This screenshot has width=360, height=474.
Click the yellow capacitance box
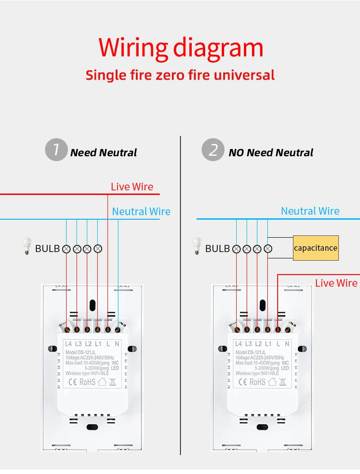[x=315, y=248]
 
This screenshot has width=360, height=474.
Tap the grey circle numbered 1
[x=56, y=149]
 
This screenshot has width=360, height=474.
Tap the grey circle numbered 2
[x=212, y=149]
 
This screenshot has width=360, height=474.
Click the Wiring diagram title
[x=180, y=47]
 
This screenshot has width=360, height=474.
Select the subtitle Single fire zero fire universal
[x=180, y=75]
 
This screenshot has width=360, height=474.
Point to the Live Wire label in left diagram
[x=132, y=187]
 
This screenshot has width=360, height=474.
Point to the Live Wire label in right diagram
[x=336, y=283]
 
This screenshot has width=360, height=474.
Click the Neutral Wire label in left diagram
[x=141, y=212]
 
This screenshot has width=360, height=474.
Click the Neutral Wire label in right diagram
[x=310, y=211]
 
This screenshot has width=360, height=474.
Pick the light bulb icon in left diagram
[x=27, y=246]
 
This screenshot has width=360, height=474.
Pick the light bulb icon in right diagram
[x=197, y=246]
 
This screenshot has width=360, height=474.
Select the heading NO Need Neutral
[x=271, y=153]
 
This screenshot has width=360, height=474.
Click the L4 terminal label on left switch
[x=68, y=344]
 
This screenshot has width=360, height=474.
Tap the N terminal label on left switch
[x=117, y=344]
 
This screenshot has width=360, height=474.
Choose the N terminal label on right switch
[x=287, y=344]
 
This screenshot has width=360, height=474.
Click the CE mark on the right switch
[x=243, y=382]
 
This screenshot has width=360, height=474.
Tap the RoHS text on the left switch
[x=87, y=382]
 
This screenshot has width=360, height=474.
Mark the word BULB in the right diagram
[x=217, y=248]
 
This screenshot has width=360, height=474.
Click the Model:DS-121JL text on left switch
[x=81, y=352]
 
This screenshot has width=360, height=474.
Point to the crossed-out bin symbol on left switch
[x=112, y=382]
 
